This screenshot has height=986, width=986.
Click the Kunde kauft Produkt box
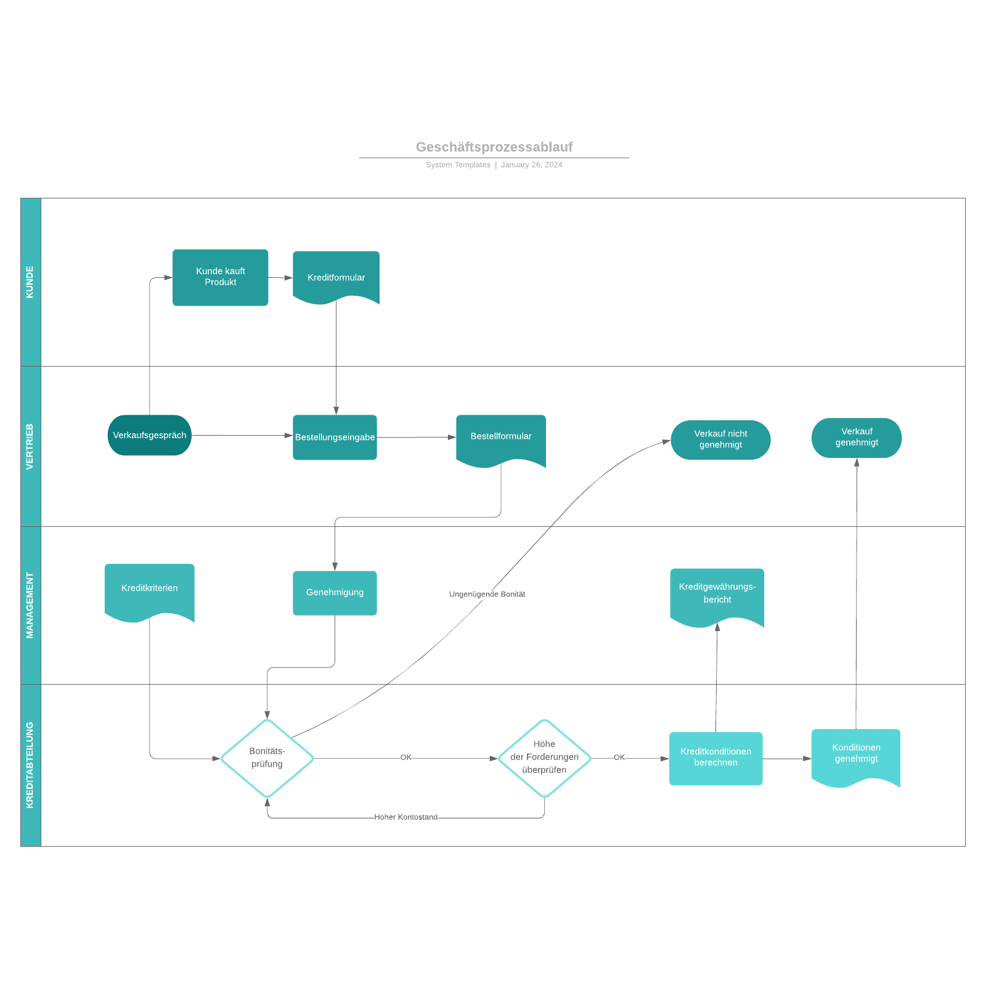pos(220,277)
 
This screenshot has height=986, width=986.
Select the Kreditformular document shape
pos(336,277)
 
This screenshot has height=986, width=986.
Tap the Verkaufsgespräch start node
pos(149,435)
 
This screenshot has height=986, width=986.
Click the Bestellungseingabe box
pos(335,437)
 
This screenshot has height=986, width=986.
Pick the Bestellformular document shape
pos(500,437)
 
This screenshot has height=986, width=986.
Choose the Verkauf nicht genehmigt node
pos(720,439)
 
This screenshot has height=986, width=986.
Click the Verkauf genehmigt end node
pos(856,438)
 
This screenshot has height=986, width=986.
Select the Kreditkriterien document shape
pos(149,589)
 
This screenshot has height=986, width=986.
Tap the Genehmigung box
pos(335,593)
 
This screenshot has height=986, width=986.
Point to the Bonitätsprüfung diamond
pos(267,758)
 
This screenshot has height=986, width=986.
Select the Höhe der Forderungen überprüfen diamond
pos(544,758)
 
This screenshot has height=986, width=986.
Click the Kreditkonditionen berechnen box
pos(715,758)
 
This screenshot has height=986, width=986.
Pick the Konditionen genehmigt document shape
pos(856,754)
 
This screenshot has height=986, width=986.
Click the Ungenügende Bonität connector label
pos(487,594)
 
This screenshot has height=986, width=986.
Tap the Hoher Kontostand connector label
pos(405,817)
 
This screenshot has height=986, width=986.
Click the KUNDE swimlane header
pos(30,282)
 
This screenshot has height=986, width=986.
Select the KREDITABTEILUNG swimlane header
pos(30,765)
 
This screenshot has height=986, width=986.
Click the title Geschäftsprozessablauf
pos(494,147)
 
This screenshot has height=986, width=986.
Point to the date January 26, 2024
pos(531,165)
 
